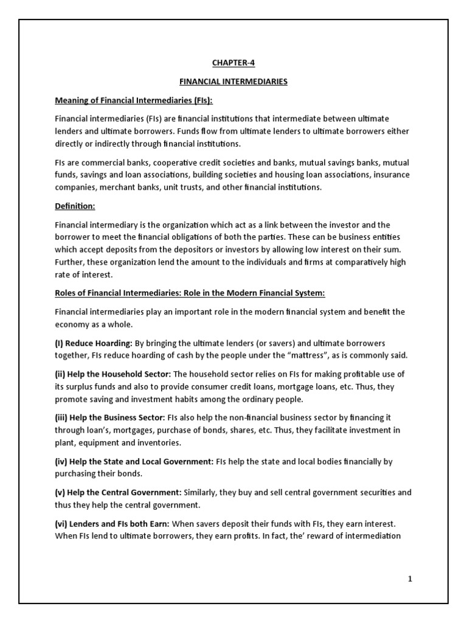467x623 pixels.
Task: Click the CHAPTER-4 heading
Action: (233, 62)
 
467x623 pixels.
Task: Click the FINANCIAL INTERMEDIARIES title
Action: (233, 81)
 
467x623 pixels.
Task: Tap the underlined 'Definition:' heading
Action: (75, 206)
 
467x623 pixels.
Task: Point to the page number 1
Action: (410, 579)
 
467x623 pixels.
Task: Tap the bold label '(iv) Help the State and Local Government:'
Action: (134, 462)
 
